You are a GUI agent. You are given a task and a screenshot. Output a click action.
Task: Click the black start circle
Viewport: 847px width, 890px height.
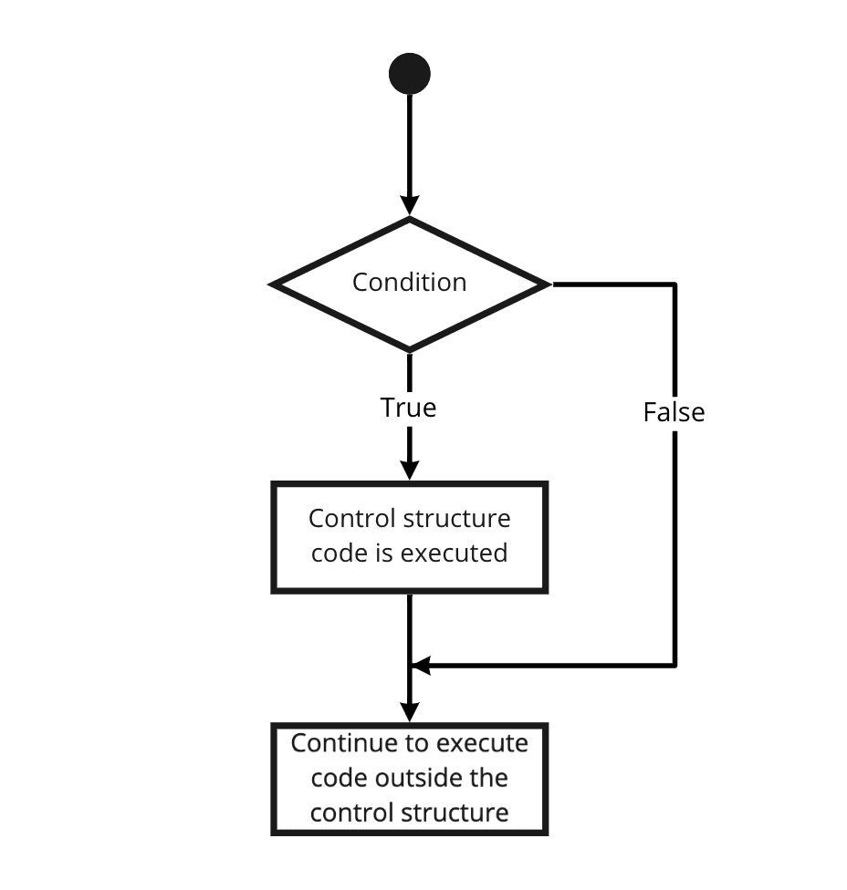(409, 74)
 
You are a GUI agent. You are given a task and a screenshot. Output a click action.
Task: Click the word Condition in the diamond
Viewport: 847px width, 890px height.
(409, 282)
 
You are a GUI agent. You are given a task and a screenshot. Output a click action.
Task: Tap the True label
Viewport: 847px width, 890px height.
(409, 408)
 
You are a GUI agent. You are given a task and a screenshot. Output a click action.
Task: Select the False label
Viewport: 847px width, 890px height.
(674, 412)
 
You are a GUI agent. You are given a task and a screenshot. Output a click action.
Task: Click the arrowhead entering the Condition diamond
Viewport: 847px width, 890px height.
(410, 205)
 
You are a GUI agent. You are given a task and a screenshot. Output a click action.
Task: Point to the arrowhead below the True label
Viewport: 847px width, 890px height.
(410, 470)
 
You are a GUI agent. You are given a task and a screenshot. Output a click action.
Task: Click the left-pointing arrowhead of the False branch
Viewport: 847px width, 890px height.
(422, 666)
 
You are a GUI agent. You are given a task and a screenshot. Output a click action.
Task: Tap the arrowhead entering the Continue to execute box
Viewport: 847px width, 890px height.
(410, 712)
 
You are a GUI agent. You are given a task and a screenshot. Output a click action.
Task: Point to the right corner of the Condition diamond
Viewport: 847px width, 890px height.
(549, 284)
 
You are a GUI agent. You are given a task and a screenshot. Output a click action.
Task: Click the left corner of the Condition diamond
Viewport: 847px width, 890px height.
(270, 284)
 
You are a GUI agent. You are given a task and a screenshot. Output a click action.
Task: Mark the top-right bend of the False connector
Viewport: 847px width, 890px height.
(674, 284)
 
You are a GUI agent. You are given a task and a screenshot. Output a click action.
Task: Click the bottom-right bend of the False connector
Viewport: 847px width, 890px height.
(674, 666)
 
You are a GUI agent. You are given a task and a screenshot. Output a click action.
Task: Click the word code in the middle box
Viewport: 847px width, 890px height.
(340, 553)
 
